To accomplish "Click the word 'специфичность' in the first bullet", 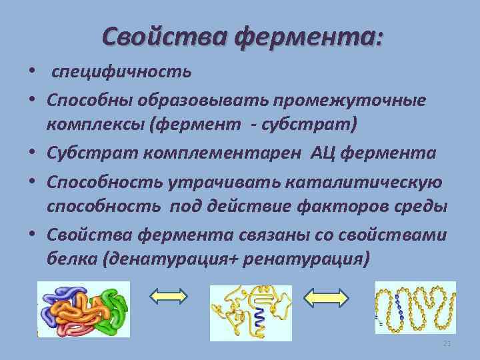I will tap(122, 71).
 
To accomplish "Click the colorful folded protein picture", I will tap(83, 311).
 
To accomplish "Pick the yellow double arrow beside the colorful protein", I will tap(169, 297).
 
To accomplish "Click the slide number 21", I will tap(447, 343).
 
